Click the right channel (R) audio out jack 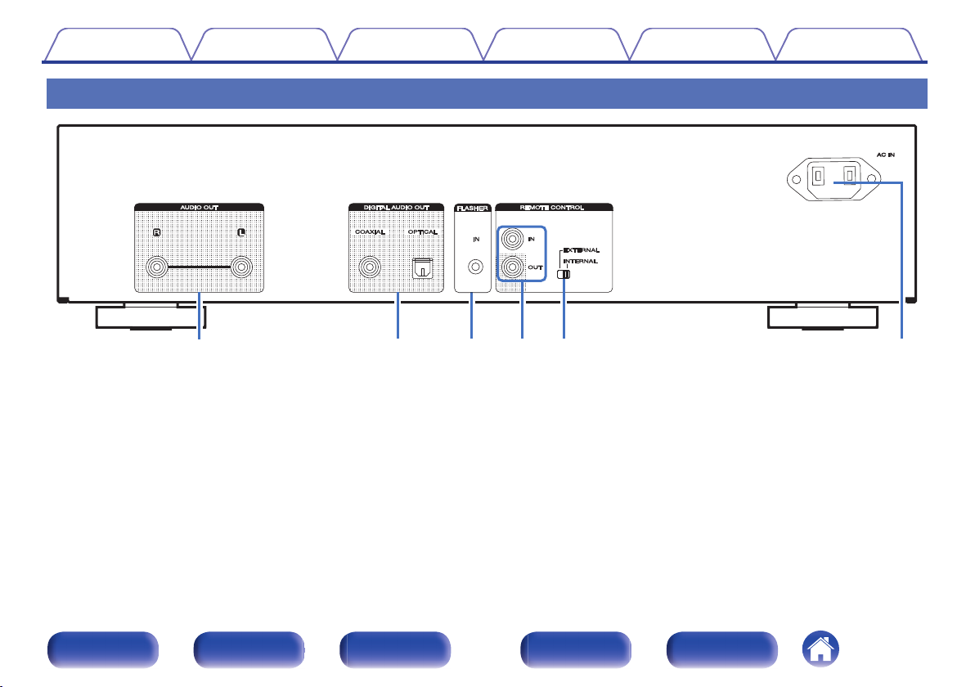click(x=156, y=267)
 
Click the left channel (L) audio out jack click(x=240, y=267)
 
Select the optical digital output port click(x=423, y=267)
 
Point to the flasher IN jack click(x=471, y=267)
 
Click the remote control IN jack click(x=513, y=240)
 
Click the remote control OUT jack click(x=513, y=267)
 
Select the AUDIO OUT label click(x=198, y=208)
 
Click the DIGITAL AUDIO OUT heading click(x=398, y=208)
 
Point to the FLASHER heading click(x=471, y=208)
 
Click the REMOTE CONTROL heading click(x=554, y=208)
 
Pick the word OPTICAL click(x=422, y=231)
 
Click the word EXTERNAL click(x=581, y=249)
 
